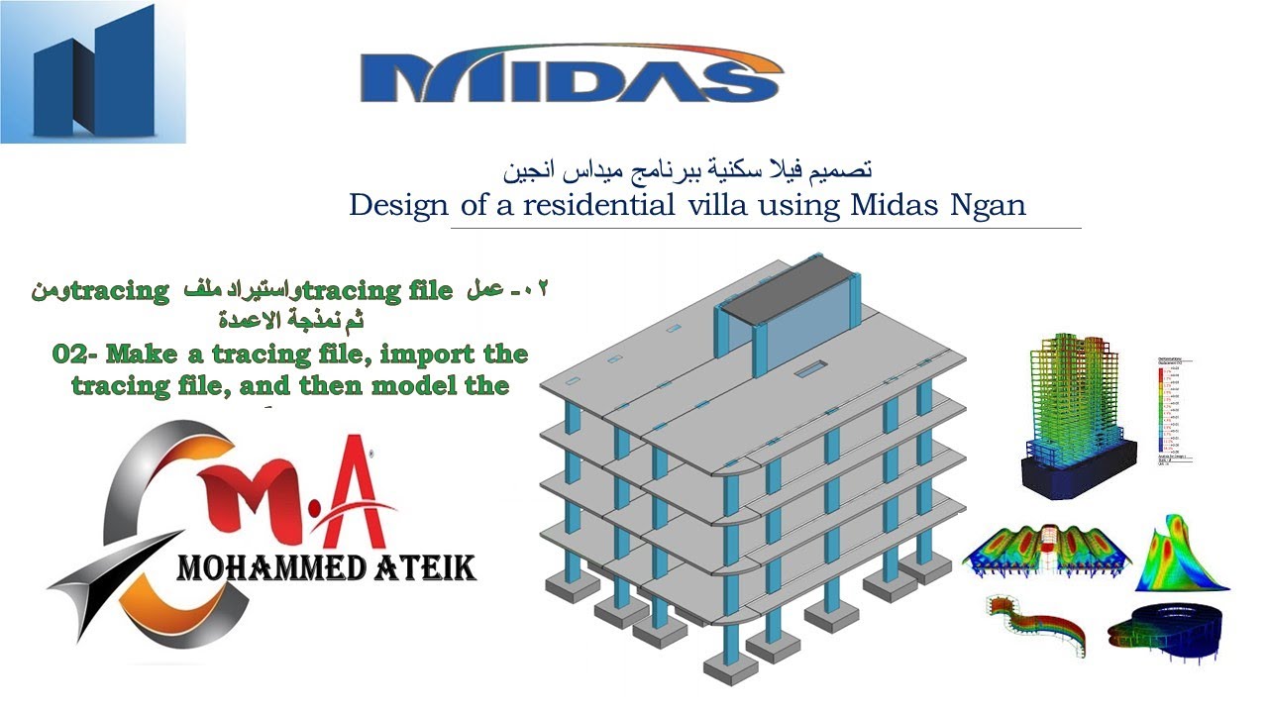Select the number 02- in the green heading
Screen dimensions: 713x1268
(x=77, y=354)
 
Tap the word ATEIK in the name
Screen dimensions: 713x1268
(x=424, y=568)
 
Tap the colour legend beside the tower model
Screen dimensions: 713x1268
(x=1172, y=411)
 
